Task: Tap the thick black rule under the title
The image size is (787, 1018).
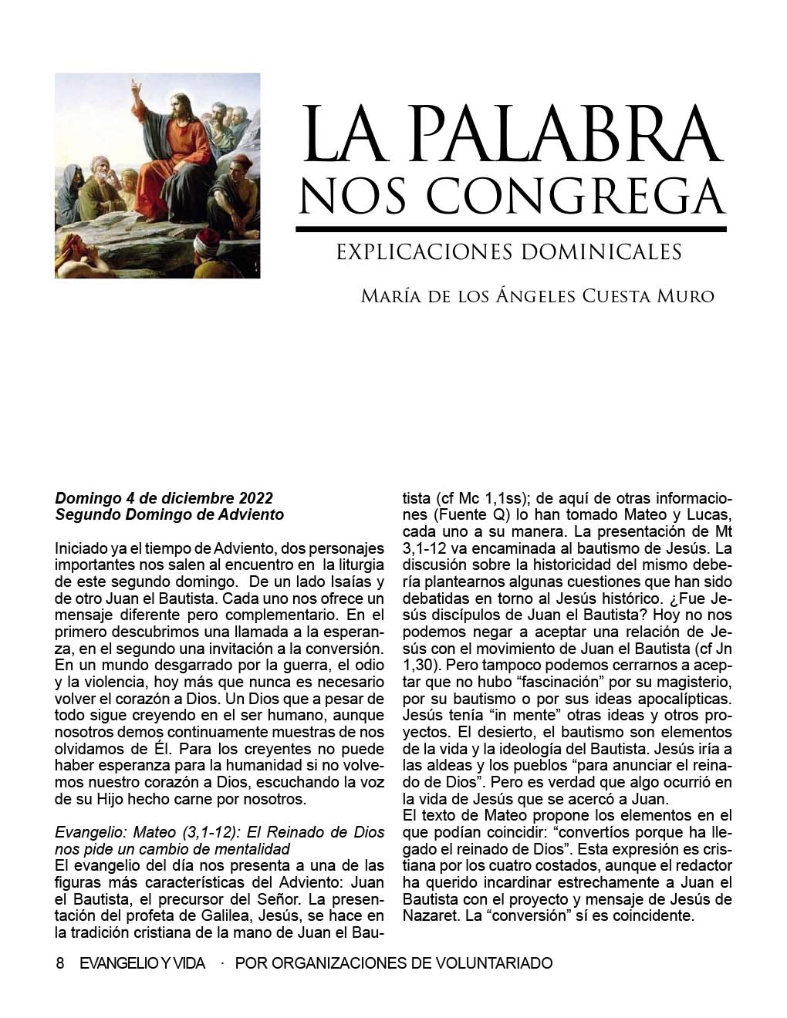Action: click(x=511, y=229)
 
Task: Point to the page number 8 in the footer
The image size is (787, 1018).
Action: click(x=60, y=963)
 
